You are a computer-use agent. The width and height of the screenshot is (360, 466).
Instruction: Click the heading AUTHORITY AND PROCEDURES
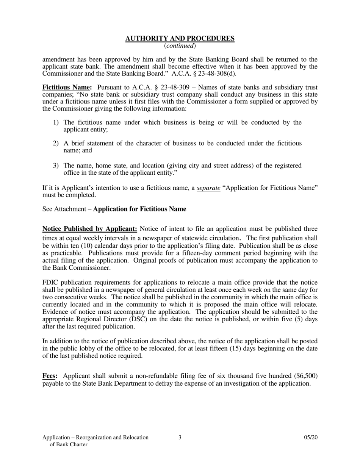click(x=180, y=39)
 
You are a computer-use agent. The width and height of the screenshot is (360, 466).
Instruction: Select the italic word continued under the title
click(x=180, y=46)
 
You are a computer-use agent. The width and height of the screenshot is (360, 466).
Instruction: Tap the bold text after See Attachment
click(x=139, y=209)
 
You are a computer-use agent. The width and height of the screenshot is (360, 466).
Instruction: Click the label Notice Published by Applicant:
click(x=89, y=229)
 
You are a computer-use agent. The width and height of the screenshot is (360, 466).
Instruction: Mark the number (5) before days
click(x=298, y=319)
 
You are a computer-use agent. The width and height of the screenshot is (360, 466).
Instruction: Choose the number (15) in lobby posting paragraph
click(x=238, y=349)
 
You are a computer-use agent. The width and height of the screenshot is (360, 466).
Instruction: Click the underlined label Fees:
click(x=50, y=376)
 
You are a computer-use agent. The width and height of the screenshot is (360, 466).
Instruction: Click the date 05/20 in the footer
click(x=310, y=437)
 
